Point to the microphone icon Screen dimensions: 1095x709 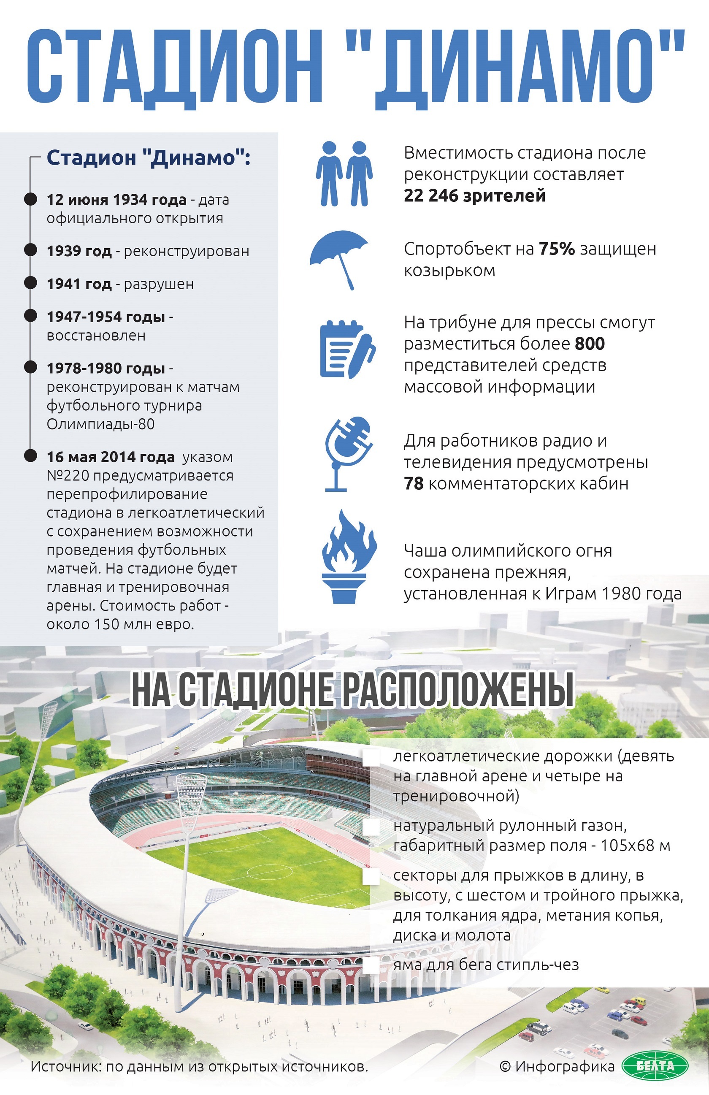click(348, 453)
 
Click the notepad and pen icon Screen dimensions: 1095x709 click(347, 349)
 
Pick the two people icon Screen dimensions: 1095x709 click(344, 173)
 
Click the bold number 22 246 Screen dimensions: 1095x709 click(431, 195)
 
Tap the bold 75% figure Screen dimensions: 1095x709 click(557, 249)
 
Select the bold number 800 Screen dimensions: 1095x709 click(590, 344)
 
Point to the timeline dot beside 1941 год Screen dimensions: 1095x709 click(30, 283)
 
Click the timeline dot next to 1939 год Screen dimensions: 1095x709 click(30, 250)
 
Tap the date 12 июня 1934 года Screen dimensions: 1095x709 click(116, 200)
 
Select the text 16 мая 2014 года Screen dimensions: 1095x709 click(111, 457)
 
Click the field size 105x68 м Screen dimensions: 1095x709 click(635, 845)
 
